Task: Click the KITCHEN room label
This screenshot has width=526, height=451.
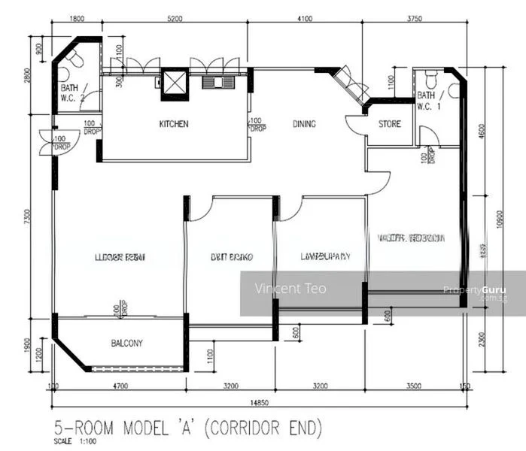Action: (x=174, y=124)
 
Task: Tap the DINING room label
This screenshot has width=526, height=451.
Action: (x=304, y=124)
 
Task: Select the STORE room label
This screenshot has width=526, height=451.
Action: (x=390, y=124)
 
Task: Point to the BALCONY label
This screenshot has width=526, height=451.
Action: (x=127, y=344)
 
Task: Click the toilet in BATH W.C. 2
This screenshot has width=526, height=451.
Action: (x=65, y=74)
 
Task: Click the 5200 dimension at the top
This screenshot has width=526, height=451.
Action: (x=175, y=18)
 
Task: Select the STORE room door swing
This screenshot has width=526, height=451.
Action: (x=354, y=125)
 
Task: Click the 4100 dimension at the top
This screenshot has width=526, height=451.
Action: (x=304, y=18)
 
